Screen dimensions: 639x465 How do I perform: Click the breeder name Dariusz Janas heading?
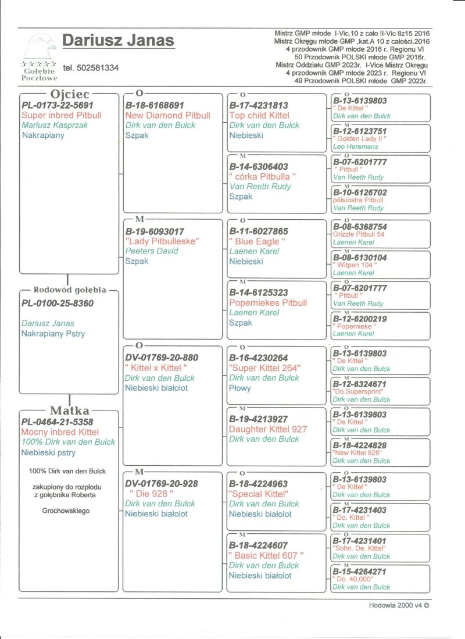[x=118, y=40]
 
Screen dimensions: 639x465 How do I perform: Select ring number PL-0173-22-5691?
[x=57, y=105]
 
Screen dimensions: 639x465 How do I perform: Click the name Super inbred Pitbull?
[x=61, y=115]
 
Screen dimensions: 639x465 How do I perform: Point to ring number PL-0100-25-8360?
[x=57, y=303]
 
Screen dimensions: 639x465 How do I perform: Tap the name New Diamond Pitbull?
[x=168, y=115]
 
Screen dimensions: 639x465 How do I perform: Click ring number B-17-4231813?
[x=259, y=105]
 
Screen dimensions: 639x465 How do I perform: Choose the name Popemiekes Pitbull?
[x=268, y=303]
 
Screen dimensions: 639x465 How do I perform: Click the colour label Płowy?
[x=241, y=388]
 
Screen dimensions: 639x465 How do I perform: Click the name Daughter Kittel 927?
[x=268, y=429]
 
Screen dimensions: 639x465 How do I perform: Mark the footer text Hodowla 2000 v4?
[x=399, y=605]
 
